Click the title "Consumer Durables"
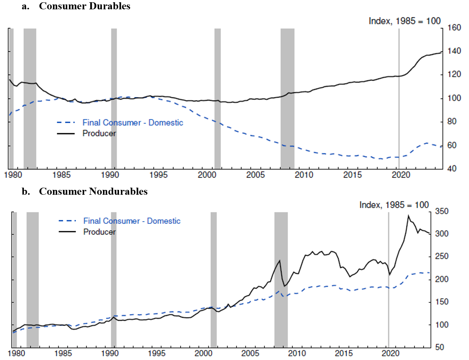[84, 6]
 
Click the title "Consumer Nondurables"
[93, 192]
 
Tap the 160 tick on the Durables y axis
[454, 28]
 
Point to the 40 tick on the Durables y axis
[451, 169]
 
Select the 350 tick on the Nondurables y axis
[441, 212]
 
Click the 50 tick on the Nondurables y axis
[440, 347]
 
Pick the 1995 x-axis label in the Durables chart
[158, 175]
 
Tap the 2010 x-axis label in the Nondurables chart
[297, 353]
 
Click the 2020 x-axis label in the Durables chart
[401, 175]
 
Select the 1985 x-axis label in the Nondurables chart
[63, 353]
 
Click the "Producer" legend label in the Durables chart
[99, 134]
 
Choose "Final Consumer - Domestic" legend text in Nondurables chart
[132, 221]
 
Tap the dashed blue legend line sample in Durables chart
[66, 123]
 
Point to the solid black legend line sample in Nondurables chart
[67, 232]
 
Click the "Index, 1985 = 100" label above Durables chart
[404, 21]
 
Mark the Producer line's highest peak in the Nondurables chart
[409, 216]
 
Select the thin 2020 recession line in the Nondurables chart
[388, 280]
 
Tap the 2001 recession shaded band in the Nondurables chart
[213, 280]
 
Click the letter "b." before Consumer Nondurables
[26, 192]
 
